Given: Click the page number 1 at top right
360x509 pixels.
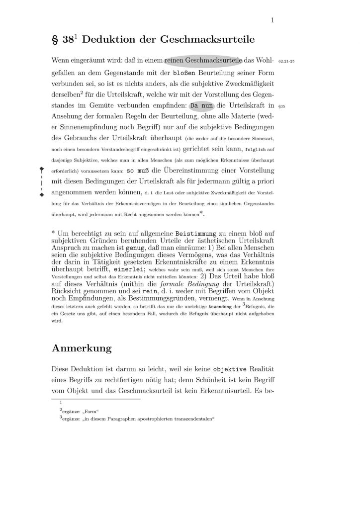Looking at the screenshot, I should click(x=273, y=20).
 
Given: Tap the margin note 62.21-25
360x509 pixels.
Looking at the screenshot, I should click(x=287, y=61).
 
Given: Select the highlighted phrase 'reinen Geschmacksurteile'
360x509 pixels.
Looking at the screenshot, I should click(x=203, y=60).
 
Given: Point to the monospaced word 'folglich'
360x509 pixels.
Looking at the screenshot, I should click(x=257, y=149).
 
